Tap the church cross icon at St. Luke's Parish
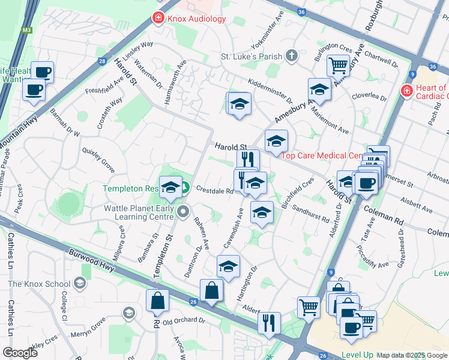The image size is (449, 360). (x=292, y=56)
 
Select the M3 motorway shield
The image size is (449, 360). (x=25, y=28)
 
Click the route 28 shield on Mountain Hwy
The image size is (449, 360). (x=103, y=61)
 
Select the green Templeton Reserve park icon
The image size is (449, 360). (x=185, y=188)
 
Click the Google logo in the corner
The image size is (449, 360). (x=20, y=353)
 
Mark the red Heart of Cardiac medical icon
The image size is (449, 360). (x=406, y=92)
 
